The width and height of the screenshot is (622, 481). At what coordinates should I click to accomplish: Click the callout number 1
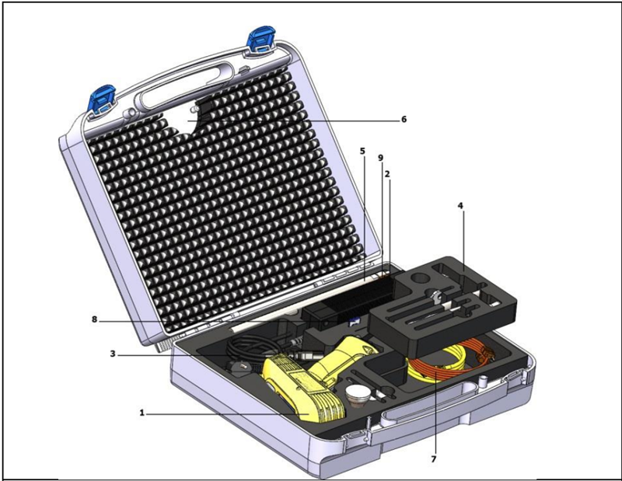[142, 413]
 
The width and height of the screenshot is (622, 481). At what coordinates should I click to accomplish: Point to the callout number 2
[387, 174]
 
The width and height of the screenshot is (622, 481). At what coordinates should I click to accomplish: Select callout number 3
[113, 354]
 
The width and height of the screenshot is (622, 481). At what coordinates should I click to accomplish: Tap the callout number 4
[460, 205]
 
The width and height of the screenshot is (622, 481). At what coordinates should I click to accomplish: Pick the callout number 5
[362, 151]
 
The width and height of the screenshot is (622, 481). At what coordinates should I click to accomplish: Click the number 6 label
[404, 119]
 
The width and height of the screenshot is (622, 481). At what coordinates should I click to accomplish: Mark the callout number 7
[433, 458]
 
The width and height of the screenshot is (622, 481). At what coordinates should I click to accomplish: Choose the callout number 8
[94, 319]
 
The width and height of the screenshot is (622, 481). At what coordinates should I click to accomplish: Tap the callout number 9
[380, 158]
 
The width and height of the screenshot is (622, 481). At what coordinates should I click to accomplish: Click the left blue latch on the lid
[102, 101]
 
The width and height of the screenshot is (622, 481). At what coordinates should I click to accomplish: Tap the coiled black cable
[248, 347]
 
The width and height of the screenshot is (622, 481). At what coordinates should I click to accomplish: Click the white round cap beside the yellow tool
[358, 395]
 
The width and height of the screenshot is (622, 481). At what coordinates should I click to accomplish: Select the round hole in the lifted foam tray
[421, 277]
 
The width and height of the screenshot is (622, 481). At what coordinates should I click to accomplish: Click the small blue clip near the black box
[354, 322]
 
